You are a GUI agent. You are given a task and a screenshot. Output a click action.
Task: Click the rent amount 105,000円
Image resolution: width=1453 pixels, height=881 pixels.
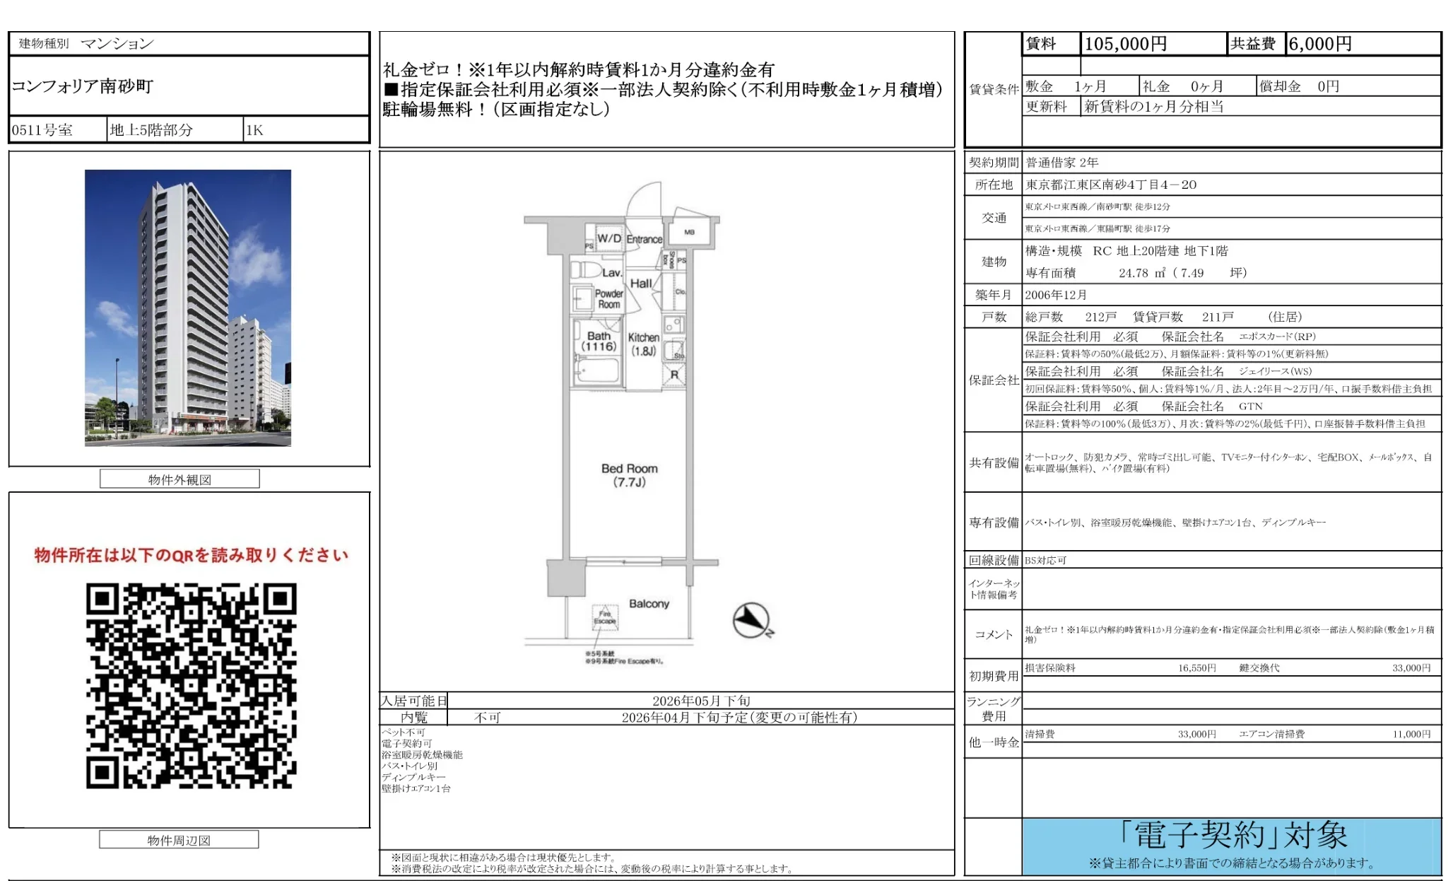tap(1125, 44)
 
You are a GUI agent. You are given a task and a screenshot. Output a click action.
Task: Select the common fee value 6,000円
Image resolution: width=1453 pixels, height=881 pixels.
tap(1319, 44)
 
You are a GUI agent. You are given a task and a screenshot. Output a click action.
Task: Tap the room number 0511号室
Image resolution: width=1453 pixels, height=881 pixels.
tap(42, 130)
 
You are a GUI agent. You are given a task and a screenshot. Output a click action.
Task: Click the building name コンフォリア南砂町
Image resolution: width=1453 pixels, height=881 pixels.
tap(83, 86)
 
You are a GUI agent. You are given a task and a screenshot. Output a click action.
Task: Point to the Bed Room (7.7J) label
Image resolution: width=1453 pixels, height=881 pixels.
tap(629, 475)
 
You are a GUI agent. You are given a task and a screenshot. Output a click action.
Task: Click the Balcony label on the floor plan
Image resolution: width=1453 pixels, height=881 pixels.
tap(649, 604)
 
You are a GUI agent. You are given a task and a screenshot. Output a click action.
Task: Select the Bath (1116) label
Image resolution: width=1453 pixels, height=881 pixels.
tap(599, 342)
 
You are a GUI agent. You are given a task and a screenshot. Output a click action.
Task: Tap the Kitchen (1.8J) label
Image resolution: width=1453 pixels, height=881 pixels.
tap(643, 344)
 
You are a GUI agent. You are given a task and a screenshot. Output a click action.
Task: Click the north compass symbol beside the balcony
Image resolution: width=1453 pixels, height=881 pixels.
tap(752, 620)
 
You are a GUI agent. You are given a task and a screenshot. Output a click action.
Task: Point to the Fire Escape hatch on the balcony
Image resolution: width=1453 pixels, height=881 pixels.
tap(605, 617)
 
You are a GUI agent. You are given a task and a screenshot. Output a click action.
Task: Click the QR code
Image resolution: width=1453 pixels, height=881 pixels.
tap(191, 685)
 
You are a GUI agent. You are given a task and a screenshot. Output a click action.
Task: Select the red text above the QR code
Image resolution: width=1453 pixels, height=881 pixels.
tap(191, 555)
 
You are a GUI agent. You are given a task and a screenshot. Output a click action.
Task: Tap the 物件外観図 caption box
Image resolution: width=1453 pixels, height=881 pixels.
tap(180, 479)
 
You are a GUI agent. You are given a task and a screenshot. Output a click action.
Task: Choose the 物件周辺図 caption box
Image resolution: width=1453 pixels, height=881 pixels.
tap(179, 840)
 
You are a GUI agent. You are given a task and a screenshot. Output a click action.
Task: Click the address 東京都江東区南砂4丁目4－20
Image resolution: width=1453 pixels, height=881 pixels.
tap(1111, 185)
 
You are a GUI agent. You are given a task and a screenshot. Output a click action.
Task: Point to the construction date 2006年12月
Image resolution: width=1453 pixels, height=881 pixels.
tap(1056, 295)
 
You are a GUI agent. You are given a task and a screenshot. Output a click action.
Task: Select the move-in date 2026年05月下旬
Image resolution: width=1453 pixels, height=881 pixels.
tap(701, 701)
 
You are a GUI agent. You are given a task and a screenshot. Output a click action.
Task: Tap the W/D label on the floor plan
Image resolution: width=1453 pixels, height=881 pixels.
tap(608, 238)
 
